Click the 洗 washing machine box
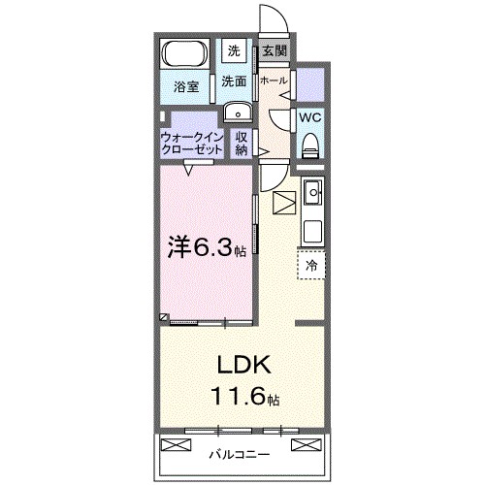point(235,50)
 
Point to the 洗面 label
point(234,81)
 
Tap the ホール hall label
point(274,81)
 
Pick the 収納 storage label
point(242,143)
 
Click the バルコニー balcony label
point(239,452)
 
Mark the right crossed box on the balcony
point(303,445)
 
